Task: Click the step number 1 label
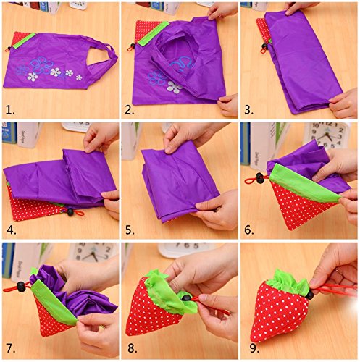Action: [x=10, y=110]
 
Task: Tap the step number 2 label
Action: [x=130, y=110]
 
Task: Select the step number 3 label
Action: [x=249, y=110]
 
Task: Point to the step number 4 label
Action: [x=12, y=230]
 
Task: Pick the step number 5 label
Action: [x=130, y=230]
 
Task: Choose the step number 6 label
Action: [x=249, y=230]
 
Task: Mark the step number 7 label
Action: [x=11, y=348]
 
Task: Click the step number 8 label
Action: [x=133, y=348]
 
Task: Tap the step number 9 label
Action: [x=254, y=348]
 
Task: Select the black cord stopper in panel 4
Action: [x=70, y=211]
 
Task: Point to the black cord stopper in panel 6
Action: [x=260, y=178]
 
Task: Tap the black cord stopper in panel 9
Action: [x=310, y=295]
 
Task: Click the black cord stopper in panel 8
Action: [x=186, y=298]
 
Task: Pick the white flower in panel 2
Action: [x=175, y=87]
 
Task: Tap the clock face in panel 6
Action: [x=327, y=136]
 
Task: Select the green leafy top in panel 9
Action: [x=287, y=282]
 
